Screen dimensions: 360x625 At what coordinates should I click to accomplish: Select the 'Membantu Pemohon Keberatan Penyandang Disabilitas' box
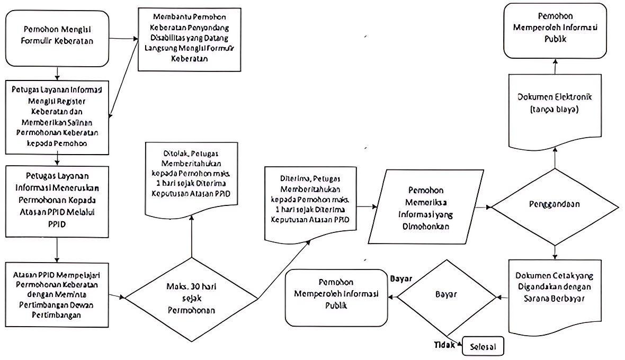point(190,39)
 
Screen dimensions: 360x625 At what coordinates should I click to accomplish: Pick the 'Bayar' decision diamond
point(447,294)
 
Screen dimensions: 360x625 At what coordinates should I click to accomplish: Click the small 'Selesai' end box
point(483,346)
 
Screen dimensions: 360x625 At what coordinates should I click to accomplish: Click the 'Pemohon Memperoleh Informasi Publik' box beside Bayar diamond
point(336,297)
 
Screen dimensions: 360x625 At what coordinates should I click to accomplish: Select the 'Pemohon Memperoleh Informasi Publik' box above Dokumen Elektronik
point(555,30)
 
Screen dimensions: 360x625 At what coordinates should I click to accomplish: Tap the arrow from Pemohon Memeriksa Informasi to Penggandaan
point(484,206)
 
